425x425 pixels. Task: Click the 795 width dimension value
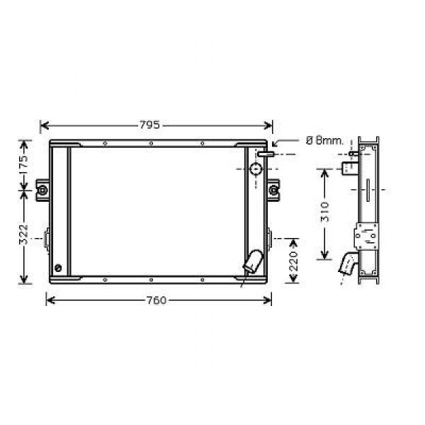pyautogui.click(x=149, y=125)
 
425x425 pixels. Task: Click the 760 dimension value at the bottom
pyautogui.click(x=156, y=300)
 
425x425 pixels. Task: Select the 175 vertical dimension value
pyautogui.click(x=24, y=165)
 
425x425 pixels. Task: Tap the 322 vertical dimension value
pyautogui.click(x=24, y=234)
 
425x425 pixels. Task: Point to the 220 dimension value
pyautogui.click(x=294, y=261)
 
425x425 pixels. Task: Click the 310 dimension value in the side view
pyautogui.click(x=324, y=212)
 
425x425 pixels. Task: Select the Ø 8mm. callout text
pyautogui.click(x=324, y=141)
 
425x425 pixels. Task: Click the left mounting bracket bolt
pyautogui.click(x=42, y=191)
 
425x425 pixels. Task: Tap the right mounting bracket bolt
pyautogui.click(x=273, y=191)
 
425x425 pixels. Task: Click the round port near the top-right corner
pyautogui.click(x=256, y=169)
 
